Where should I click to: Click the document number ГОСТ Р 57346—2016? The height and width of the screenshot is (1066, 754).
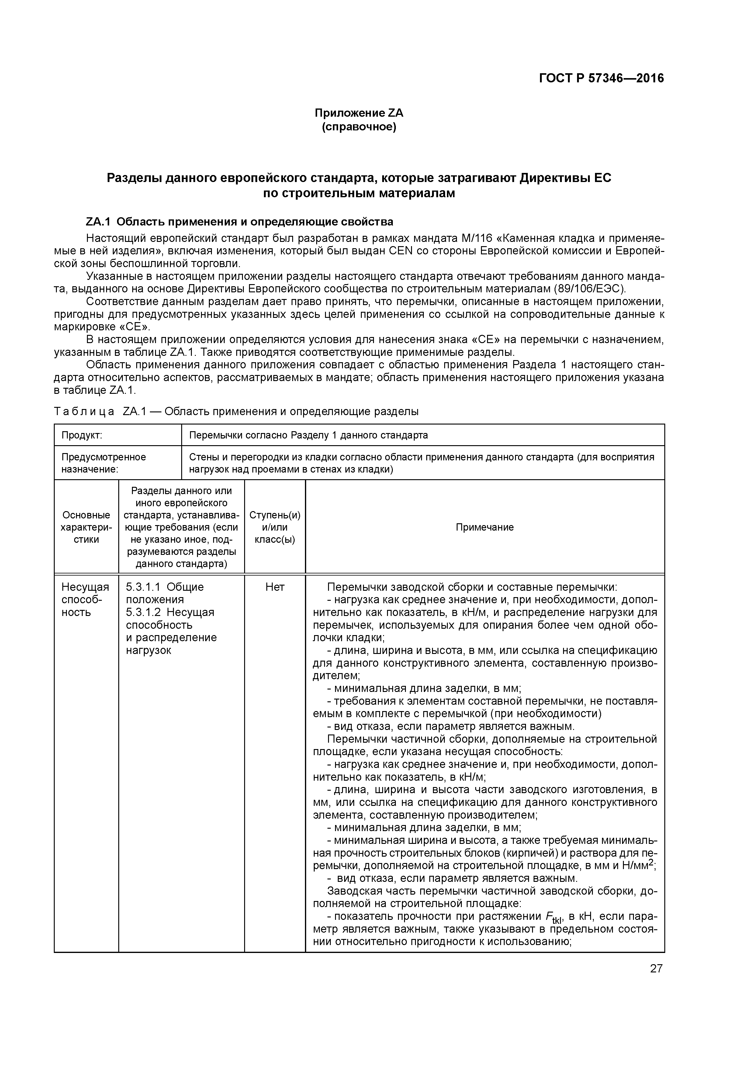[601, 78]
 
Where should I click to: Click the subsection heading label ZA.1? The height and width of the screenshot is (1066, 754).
[99, 222]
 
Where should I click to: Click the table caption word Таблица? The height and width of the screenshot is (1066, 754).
[84, 411]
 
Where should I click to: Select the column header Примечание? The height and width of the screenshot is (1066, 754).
[485, 527]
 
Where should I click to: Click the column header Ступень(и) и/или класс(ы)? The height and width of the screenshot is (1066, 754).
[275, 527]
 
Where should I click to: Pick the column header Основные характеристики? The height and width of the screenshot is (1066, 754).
[86, 527]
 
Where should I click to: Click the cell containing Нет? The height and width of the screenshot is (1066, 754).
[275, 587]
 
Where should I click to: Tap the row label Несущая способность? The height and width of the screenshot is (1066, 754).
[85, 599]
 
